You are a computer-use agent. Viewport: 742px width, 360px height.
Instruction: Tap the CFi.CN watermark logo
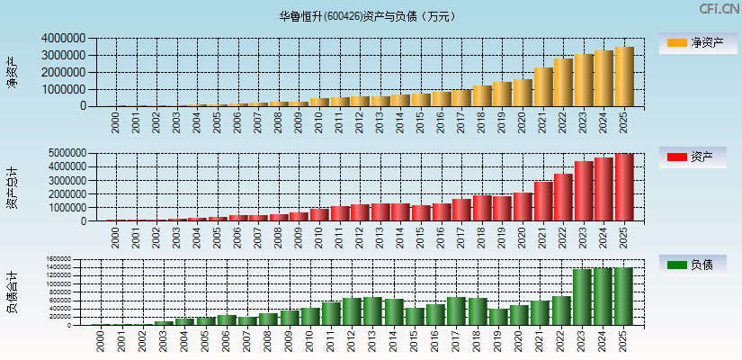pyautogui.click(x=720, y=9)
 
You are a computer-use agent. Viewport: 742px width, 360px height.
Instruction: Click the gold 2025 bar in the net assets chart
pyautogui.click(x=624, y=76)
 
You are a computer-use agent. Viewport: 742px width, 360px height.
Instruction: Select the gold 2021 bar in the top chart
pyautogui.click(x=542, y=86)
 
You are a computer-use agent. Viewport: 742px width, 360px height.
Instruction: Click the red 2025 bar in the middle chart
pyautogui.click(x=624, y=187)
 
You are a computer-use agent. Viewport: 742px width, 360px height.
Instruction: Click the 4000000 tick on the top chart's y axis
pyautogui.click(x=63, y=39)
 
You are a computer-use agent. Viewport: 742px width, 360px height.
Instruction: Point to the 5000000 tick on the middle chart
pyautogui.click(x=63, y=154)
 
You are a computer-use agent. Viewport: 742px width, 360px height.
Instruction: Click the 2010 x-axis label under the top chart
pyautogui.click(x=319, y=122)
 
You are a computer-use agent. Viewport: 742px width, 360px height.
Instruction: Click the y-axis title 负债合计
pyautogui.click(x=12, y=292)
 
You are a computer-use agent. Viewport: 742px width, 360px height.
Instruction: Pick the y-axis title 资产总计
pyautogui.click(x=12, y=187)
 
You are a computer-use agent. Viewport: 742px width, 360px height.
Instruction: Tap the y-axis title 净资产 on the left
pyautogui.click(x=12, y=72)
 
